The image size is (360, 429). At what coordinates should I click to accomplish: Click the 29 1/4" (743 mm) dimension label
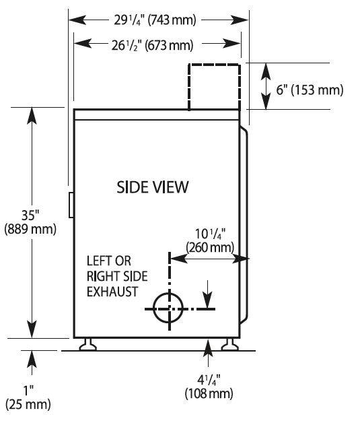click(155, 20)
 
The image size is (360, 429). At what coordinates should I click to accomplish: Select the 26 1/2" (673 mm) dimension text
click(152, 45)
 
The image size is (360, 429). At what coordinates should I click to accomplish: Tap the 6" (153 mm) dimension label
click(310, 90)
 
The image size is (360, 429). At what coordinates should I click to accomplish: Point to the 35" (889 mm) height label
click(30, 222)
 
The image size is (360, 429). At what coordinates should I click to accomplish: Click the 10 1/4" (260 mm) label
click(210, 241)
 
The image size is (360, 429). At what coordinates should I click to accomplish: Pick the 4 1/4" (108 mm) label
click(209, 387)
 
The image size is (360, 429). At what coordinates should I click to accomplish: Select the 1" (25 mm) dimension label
click(28, 397)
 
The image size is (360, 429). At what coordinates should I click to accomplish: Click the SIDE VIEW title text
click(153, 187)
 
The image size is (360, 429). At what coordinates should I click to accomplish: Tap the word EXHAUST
click(112, 292)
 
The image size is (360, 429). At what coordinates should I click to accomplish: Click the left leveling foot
click(87, 344)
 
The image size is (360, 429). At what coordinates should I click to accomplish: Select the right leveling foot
click(229, 344)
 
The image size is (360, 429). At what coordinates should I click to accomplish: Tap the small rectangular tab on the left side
click(71, 205)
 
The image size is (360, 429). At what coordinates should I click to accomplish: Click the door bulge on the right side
click(245, 224)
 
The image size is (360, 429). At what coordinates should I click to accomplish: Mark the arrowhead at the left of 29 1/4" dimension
click(77, 20)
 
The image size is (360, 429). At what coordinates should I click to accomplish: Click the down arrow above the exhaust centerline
click(208, 295)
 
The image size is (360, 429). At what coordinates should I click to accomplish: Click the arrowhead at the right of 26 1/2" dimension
click(231, 44)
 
